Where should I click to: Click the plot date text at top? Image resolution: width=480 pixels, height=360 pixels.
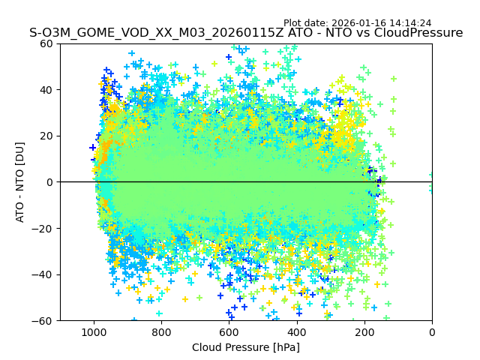(x=357, y=23)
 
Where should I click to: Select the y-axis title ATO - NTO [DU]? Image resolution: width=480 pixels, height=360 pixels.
(x=20, y=182)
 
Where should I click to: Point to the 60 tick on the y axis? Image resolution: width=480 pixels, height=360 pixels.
(x=45, y=43)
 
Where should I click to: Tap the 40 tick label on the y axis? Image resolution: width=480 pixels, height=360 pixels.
(x=45, y=90)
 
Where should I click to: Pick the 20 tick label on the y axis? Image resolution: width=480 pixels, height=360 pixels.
(x=45, y=136)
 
